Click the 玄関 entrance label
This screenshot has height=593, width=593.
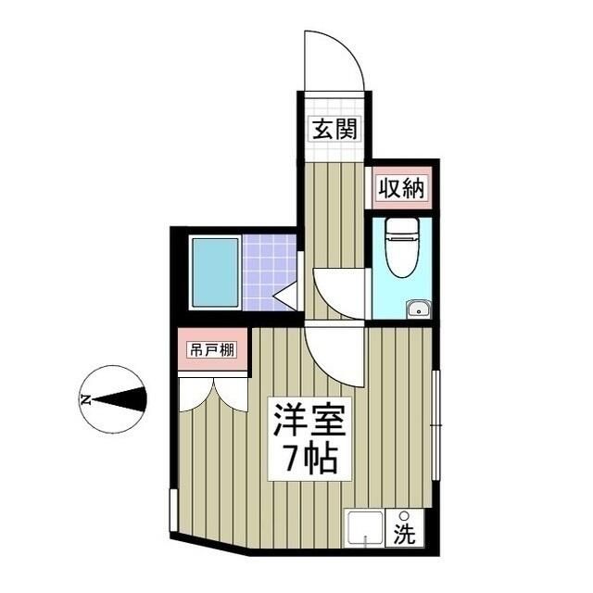pos(334,129)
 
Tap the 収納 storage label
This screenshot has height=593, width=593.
pos(400,189)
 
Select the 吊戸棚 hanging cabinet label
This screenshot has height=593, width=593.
pos(212,351)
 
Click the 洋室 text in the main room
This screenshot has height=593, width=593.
pos(309,423)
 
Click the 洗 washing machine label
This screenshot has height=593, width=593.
pos(404,534)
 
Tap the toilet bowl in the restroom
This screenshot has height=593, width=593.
pos(400,249)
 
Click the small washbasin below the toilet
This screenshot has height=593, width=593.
pos(418,309)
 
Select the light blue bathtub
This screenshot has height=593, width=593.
pos(215,272)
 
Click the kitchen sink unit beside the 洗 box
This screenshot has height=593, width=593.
pos(364,529)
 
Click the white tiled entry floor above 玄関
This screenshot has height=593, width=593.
pos(333,103)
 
